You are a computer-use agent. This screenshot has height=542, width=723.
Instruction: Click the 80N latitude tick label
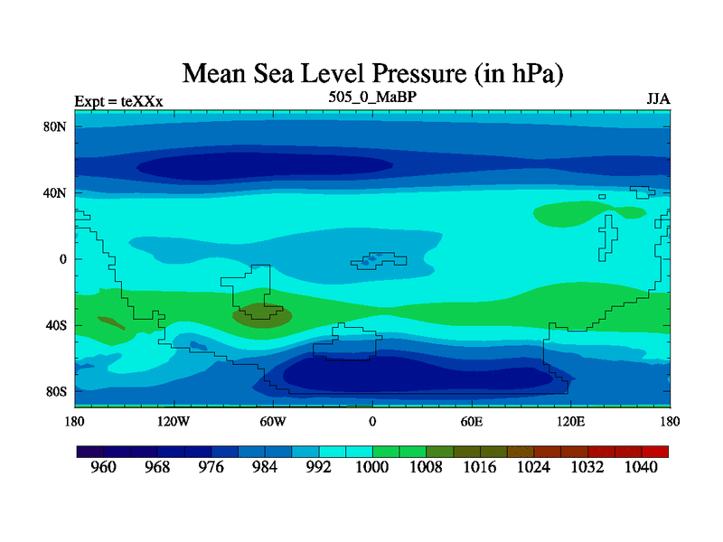tap(56, 126)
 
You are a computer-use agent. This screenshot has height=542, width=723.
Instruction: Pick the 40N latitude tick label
tap(56, 193)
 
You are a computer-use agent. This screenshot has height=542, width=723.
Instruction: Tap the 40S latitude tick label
tap(57, 325)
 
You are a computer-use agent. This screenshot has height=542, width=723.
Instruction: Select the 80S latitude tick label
tap(57, 392)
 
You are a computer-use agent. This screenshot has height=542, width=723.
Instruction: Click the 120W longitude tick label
tap(174, 421)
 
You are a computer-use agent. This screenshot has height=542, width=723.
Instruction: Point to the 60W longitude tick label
tap(273, 421)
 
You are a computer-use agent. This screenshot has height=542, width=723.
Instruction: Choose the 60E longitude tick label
tap(471, 421)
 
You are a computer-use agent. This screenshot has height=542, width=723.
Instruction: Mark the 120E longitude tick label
tap(570, 421)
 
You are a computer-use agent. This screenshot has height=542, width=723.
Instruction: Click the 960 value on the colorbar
tap(104, 468)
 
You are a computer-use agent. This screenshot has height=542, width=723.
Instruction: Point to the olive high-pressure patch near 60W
tap(263, 315)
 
